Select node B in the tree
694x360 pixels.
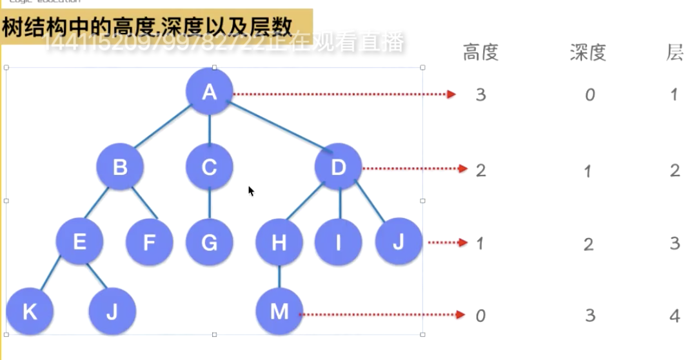tap(120, 167)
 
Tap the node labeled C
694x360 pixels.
tap(209, 167)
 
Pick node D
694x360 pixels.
tap(339, 167)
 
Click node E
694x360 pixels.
tap(79, 242)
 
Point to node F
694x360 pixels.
tap(149, 243)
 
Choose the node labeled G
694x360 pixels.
tap(209, 243)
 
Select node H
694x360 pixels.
tap(279, 243)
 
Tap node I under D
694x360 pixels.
tap(339, 243)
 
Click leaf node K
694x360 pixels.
tap(30, 312)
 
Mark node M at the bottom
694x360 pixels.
tap(279, 312)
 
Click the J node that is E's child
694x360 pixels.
tap(112, 312)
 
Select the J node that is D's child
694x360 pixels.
tap(399, 242)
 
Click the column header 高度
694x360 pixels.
tap(481, 52)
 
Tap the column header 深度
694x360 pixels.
tap(588, 52)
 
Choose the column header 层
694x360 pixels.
tap(675, 52)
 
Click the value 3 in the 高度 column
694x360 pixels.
tap(481, 95)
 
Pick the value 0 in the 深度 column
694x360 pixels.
tap(590, 95)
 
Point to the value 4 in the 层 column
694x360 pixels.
tap(675, 315)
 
